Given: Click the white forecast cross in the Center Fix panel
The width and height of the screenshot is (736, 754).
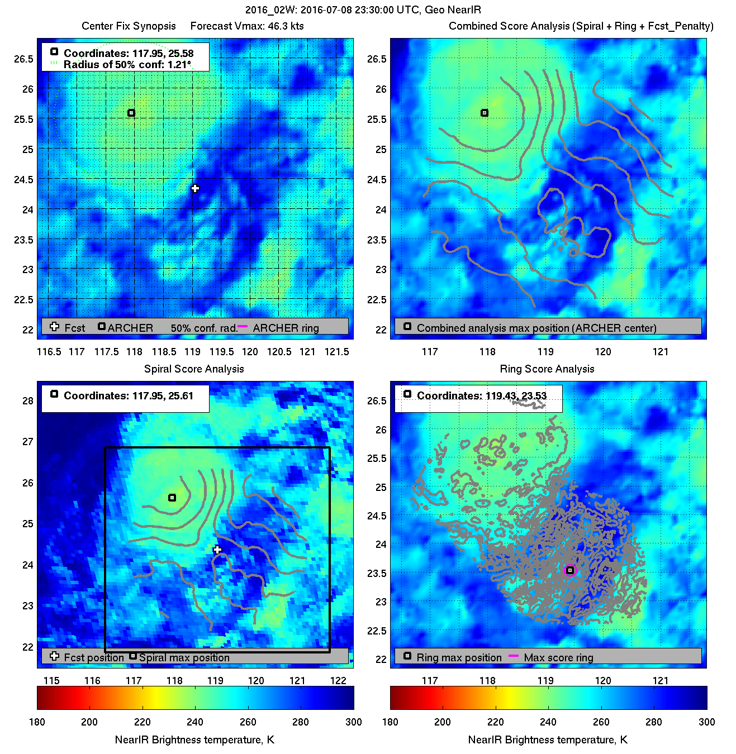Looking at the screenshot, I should coord(195,188).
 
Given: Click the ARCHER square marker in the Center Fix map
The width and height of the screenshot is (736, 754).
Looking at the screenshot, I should coord(131,113).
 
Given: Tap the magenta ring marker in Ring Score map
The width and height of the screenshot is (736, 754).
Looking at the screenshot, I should coord(570,570).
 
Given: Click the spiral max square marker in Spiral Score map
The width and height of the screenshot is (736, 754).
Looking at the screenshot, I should coord(172,498).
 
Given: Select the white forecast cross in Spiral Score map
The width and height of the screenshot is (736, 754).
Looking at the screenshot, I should coord(217,550).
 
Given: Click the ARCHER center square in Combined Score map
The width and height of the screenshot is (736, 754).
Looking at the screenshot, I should coord(485,113).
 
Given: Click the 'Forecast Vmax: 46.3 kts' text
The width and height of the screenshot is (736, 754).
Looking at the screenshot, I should coord(247,26).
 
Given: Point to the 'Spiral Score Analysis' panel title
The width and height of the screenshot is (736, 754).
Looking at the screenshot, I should coord(194,369).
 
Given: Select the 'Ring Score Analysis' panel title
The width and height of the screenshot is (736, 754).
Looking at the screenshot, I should coord(547,369).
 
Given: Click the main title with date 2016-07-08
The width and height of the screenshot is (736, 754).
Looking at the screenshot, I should coord(363,10).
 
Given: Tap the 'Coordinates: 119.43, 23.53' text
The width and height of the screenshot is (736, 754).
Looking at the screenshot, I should coord(481,395).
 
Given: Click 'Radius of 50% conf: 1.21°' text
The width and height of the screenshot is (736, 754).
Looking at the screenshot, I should coord(127,64).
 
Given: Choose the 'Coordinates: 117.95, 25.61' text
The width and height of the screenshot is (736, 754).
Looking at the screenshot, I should coord(128,395).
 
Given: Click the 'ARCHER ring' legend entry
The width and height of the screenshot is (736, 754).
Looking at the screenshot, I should coord(286,328).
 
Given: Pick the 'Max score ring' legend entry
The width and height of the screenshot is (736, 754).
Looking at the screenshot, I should coord(558,657).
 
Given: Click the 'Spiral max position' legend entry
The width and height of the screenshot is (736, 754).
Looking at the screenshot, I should coord(184,657).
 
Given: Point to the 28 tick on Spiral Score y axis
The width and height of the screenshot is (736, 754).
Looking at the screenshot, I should coord(28,400).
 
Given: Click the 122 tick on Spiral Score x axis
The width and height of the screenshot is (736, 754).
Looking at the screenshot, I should coord(338,680).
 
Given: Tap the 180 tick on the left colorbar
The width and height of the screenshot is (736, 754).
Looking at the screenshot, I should coord(37,722).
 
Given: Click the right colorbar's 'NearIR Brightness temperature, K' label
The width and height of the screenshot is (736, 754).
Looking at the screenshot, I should coord(548,739).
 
